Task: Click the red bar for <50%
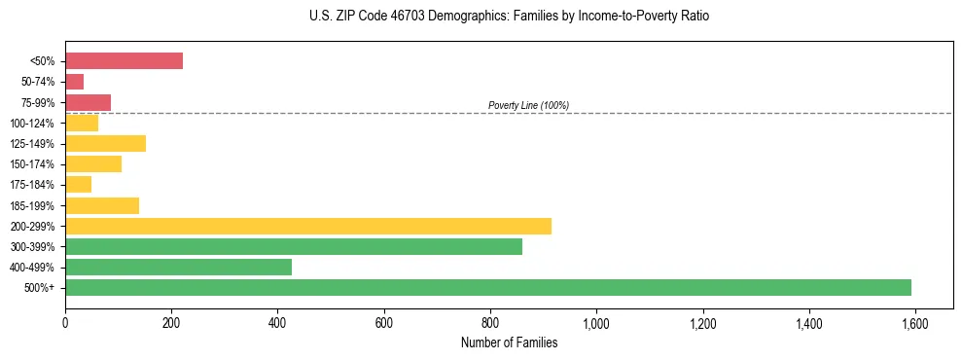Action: [124, 61]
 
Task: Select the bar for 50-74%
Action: [74, 82]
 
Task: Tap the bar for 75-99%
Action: [88, 102]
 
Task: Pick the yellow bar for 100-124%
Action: [82, 123]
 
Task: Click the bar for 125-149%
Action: [105, 144]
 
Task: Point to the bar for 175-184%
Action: [78, 185]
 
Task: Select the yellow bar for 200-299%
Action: [307, 226]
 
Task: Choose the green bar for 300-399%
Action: [293, 247]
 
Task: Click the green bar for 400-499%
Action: [178, 268]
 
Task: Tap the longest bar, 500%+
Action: [487, 288]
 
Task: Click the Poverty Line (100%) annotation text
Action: [528, 105]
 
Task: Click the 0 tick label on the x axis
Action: [65, 324]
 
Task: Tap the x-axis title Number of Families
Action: [509, 342]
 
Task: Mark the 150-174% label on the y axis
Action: [32, 164]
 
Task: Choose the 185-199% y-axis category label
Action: [32, 206]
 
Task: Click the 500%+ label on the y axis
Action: [40, 288]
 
